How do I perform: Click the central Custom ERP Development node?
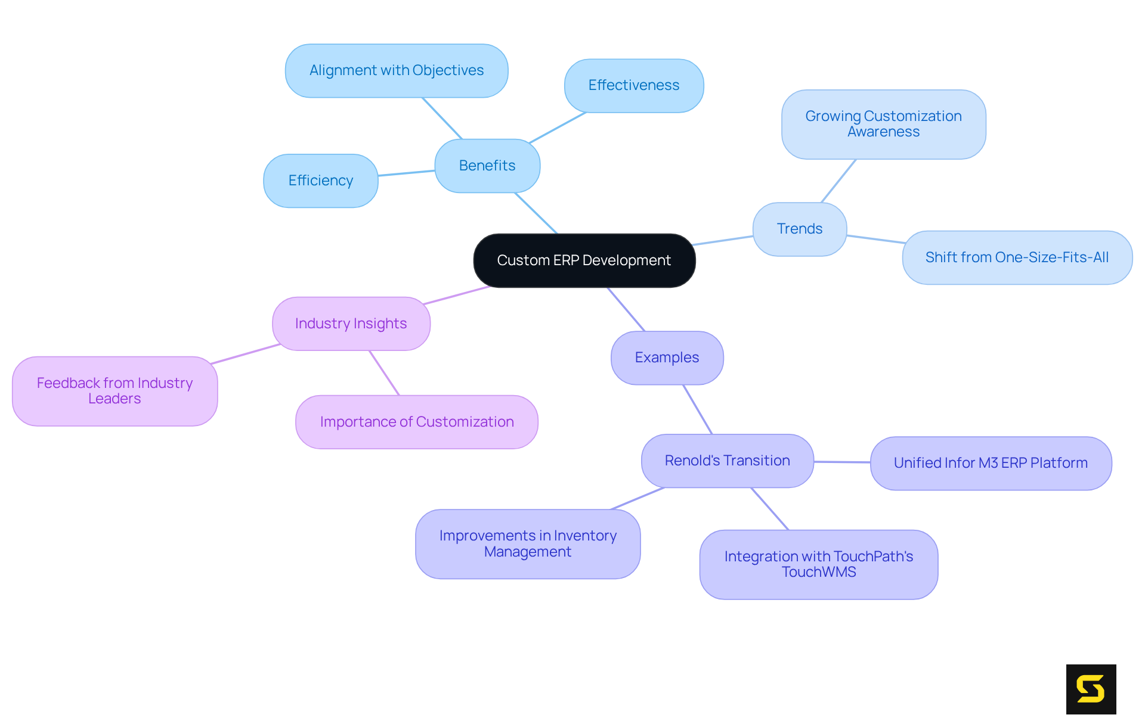(x=584, y=260)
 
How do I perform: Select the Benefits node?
(x=487, y=166)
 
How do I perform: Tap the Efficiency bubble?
(x=320, y=181)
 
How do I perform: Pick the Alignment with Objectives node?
(x=396, y=70)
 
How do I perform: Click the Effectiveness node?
(x=633, y=85)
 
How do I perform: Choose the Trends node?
(x=799, y=229)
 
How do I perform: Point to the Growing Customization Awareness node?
(x=883, y=124)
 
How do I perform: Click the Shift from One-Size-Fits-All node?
(x=1017, y=257)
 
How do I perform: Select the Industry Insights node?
(x=351, y=324)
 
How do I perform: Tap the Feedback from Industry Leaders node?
(x=114, y=391)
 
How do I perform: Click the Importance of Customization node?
(x=416, y=422)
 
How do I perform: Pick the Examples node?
(x=667, y=358)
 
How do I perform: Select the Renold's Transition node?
(x=727, y=461)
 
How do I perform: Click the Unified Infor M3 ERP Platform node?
(x=991, y=463)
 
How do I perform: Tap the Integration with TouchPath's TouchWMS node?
(x=818, y=564)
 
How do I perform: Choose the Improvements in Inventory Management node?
(x=528, y=543)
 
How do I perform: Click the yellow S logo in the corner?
(x=1091, y=689)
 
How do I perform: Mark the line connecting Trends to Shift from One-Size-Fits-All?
(x=875, y=239)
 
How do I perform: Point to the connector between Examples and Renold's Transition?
(x=697, y=409)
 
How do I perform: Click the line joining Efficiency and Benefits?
(x=406, y=173)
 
